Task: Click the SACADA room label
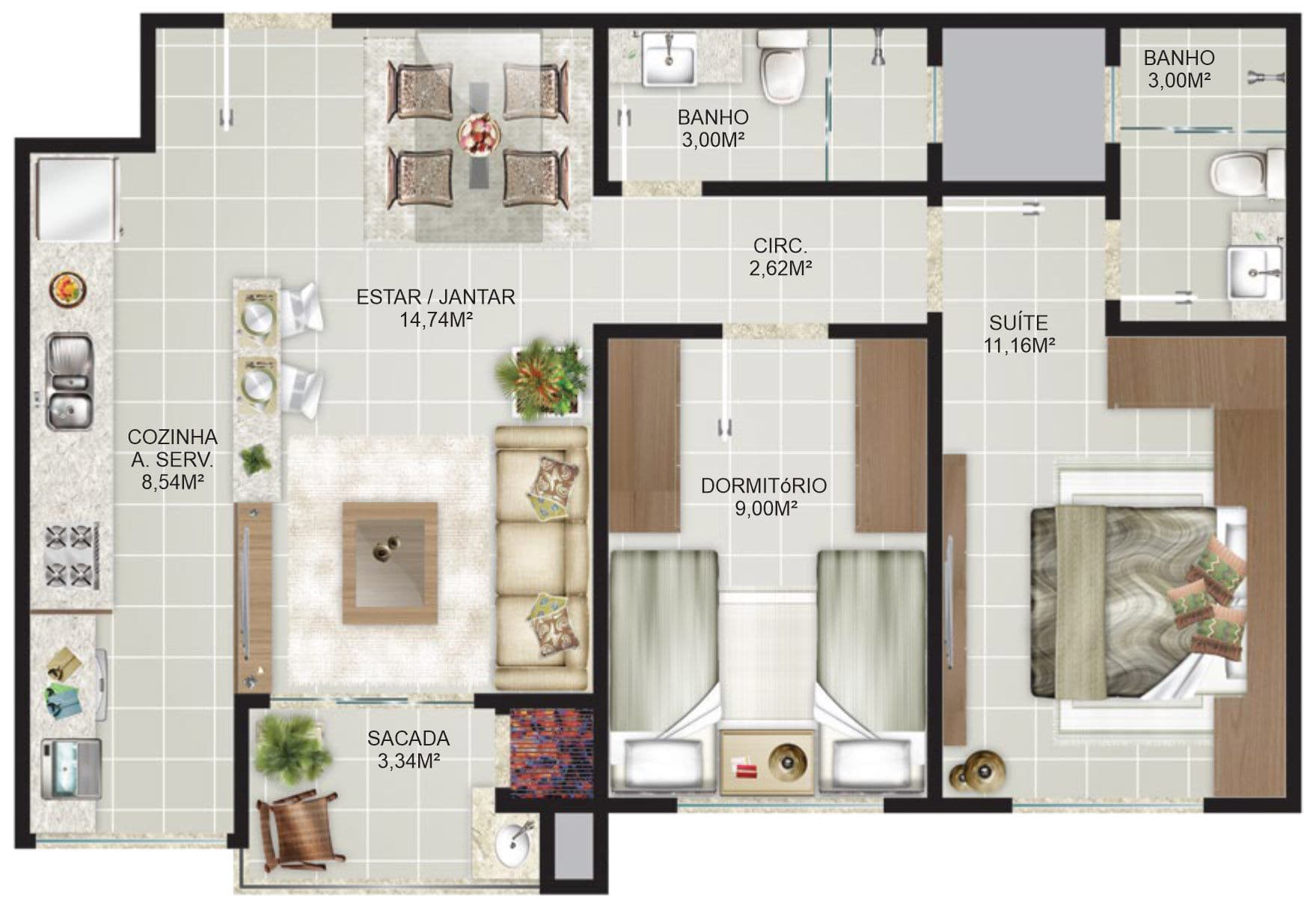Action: click(x=408, y=738)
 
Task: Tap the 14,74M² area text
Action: click(x=435, y=320)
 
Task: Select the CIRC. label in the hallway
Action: click(x=780, y=245)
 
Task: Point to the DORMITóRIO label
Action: click(x=764, y=485)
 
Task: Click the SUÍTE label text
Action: click(x=1018, y=322)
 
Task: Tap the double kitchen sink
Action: click(x=70, y=383)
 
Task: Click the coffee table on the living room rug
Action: click(x=390, y=563)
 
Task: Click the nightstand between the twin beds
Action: click(x=767, y=762)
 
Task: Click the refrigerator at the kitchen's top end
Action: click(x=75, y=200)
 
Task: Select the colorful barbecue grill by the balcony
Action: click(x=551, y=749)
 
